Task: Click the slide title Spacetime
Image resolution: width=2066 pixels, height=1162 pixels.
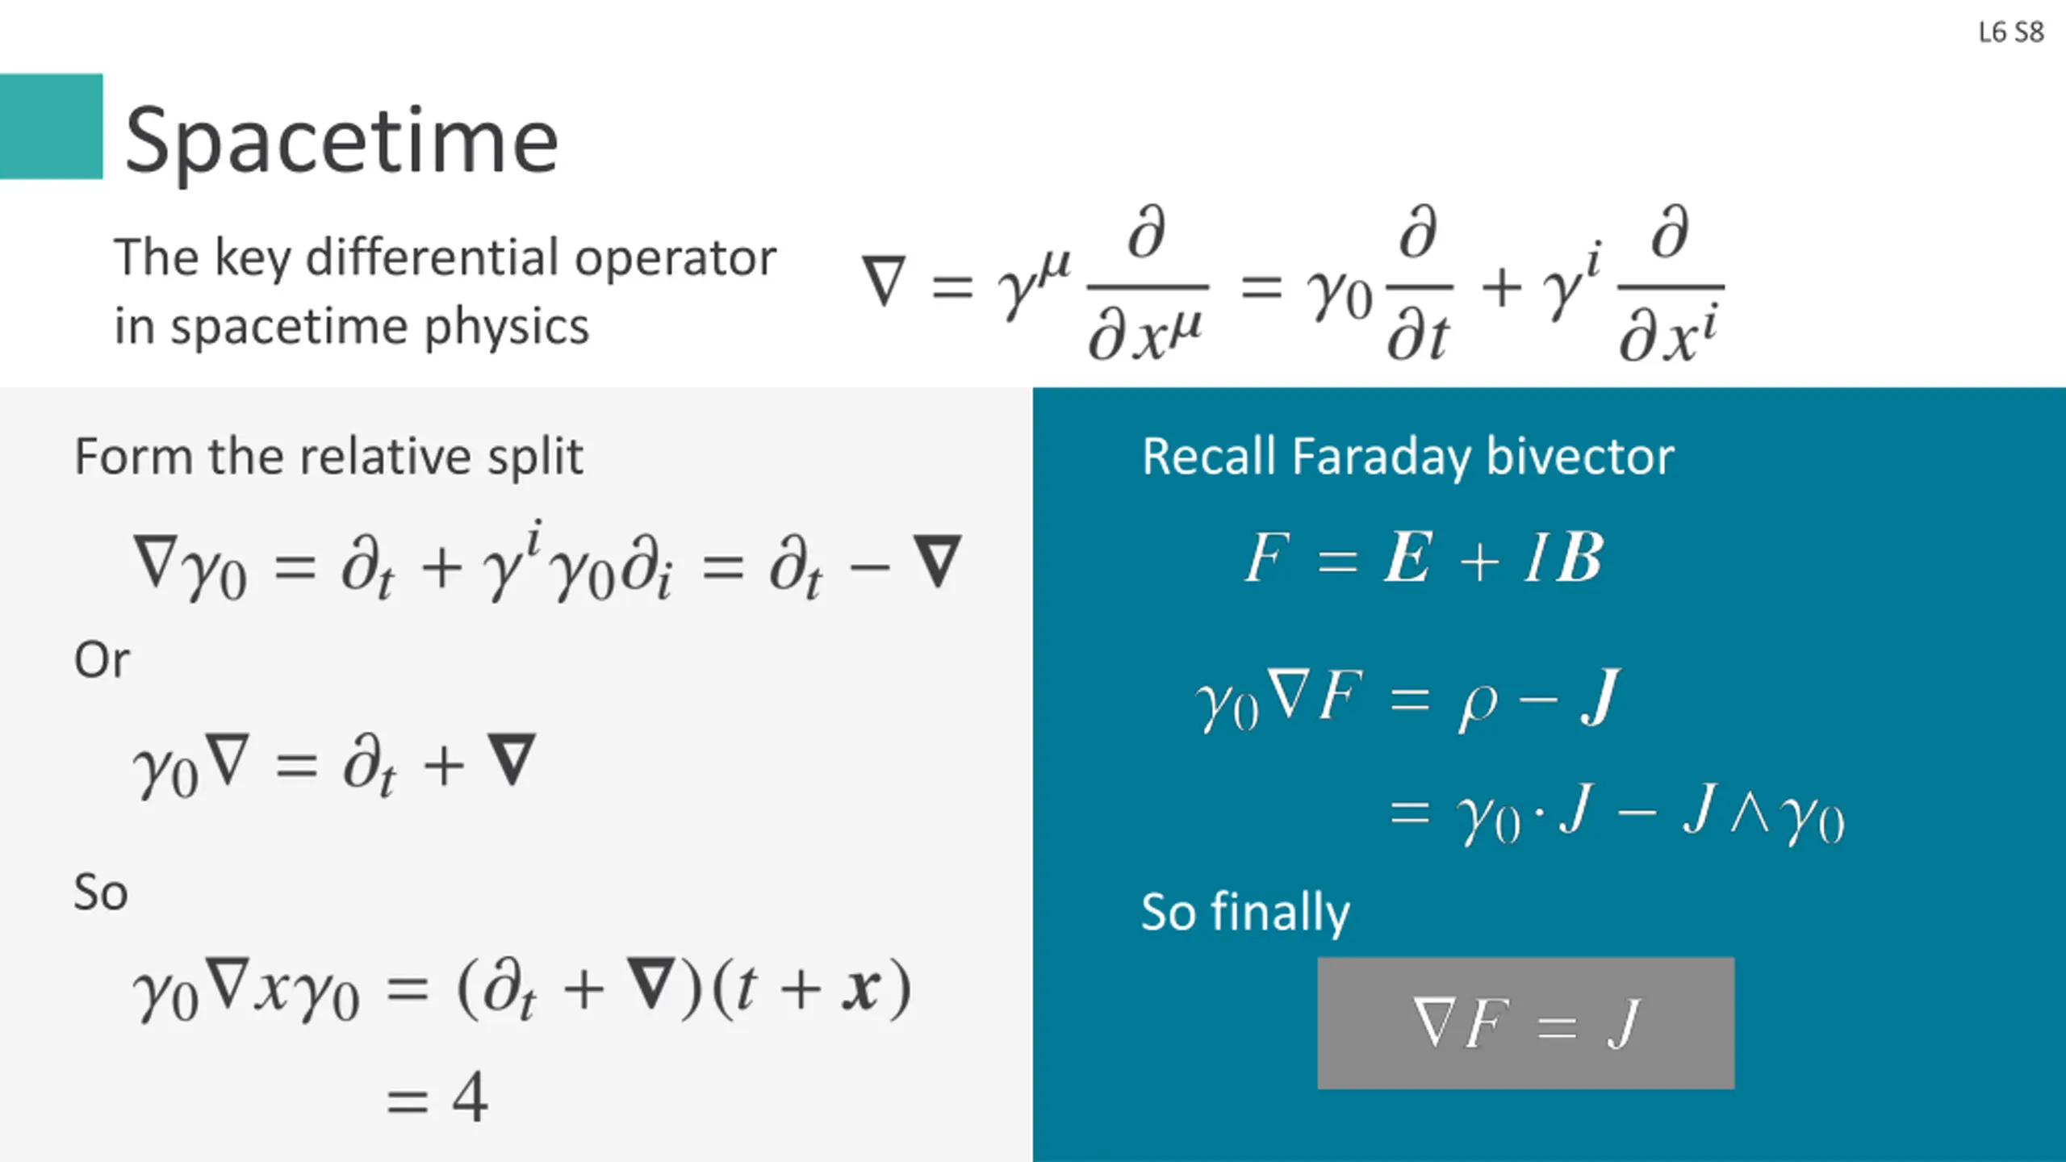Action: pyautogui.click(x=341, y=141)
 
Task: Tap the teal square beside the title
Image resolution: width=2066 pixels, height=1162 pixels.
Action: pyautogui.click(x=51, y=126)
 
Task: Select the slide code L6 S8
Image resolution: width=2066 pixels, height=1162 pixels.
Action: pyautogui.click(x=2010, y=32)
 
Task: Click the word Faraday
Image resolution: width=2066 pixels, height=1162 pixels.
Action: pyautogui.click(x=1382, y=457)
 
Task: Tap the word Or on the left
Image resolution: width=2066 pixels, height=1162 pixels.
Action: pyautogui.click(x=102, y=660)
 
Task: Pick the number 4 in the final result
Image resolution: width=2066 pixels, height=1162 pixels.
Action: pyautogui.click(x=470, y=1097)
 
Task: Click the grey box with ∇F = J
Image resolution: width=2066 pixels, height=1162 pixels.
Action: pyautogui.click(x=1525, y=1022)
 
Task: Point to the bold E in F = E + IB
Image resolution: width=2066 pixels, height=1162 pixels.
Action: pyautogui.click(x=1408, y=558)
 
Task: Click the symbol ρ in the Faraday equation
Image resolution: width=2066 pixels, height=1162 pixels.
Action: pyautogui.click(x=1478, y=704)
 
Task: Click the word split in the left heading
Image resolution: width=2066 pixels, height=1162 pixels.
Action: pyautogui.click(x=542, y=457)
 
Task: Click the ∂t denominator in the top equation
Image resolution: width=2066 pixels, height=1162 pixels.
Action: pyautogui.click(x=1418, y=335)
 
